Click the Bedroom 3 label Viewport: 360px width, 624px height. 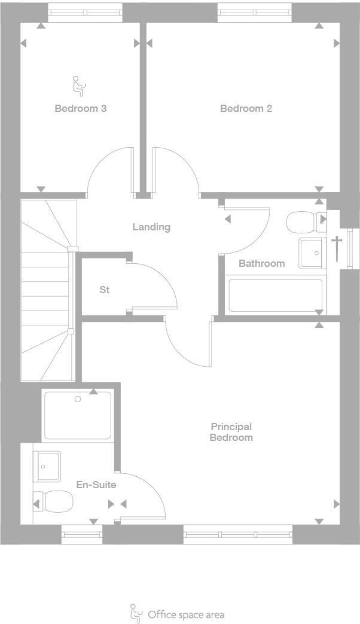(x=80, y=108)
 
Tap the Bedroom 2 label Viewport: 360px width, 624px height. (x=246, y=108)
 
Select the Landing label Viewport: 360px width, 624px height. (x=151, y=227)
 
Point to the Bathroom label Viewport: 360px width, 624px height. (x=261, y=263)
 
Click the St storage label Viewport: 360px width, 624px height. (x=105, y=290)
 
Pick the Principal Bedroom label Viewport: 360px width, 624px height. (x=231, y=432)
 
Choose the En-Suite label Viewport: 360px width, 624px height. (x=96, y=485)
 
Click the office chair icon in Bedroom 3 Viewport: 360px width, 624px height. (x=78, y=86)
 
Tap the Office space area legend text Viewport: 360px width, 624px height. (x=186, y=614)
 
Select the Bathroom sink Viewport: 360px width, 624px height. (x=311, y=253)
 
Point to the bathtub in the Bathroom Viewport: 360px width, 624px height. (x=276, y=295)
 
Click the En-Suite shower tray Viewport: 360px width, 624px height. (x=78, y=415)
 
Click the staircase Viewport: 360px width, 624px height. (x=47, y=290)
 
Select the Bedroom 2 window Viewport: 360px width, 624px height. (x=254, y=12)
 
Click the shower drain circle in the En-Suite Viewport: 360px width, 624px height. (x=78, y=399)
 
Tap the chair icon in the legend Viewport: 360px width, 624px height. (x=136, y=613)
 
